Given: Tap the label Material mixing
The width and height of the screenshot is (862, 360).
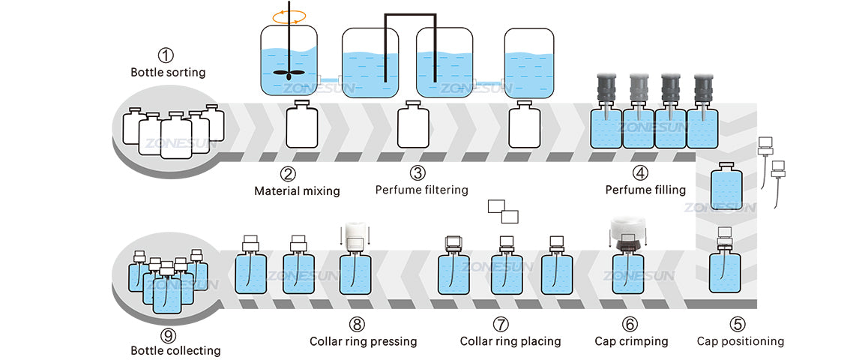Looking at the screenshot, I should tap(297, 190).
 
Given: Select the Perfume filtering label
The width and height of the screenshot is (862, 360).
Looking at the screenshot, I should tap(421, 190).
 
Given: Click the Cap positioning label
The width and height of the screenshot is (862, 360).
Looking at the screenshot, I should tap(740, 341).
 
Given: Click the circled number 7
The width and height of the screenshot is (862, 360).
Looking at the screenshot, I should tap(501, 324).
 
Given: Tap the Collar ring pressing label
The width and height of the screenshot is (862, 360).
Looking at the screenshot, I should tap(363, 341).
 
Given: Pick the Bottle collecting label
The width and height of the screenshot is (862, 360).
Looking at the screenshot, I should tap(175, 350).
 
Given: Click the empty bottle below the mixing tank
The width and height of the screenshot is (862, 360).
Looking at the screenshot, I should tap(302, 125).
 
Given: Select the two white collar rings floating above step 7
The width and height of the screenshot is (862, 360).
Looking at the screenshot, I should tap(503, 211).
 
